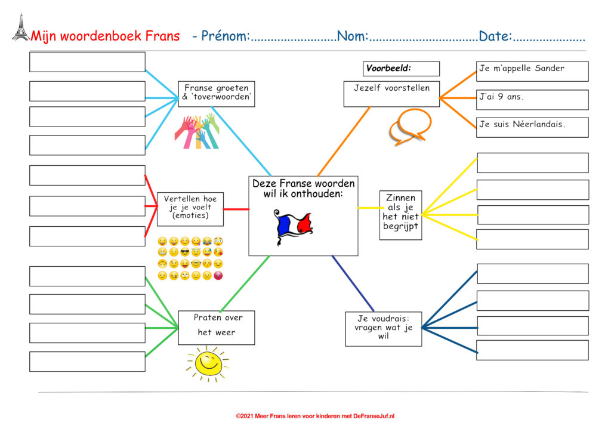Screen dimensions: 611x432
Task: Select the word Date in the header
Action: (495, 36)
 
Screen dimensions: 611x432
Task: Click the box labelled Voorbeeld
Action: (401, 69)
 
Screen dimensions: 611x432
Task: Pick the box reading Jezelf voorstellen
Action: (391, 94)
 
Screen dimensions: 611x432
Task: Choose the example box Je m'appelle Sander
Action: (532, 71)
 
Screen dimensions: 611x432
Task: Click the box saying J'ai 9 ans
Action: (532, 100)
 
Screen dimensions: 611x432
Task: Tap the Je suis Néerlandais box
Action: (532, 127)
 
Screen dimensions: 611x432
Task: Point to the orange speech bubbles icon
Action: (411, 127)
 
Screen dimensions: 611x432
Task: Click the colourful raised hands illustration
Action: (197, 131)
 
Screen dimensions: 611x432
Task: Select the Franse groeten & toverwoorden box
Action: (216, 94)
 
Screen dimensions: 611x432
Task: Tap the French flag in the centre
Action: (293, 227)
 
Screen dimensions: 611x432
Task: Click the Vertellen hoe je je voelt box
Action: (190, 209)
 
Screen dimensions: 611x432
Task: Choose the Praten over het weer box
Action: (216, 328)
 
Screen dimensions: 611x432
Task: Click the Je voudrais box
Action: (384, 329)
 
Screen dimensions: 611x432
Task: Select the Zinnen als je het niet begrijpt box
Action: (400, 215)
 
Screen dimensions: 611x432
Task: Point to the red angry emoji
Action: (218, 276)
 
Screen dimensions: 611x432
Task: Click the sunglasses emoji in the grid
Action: (185, 252)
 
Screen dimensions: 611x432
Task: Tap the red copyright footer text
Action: (315, 416)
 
